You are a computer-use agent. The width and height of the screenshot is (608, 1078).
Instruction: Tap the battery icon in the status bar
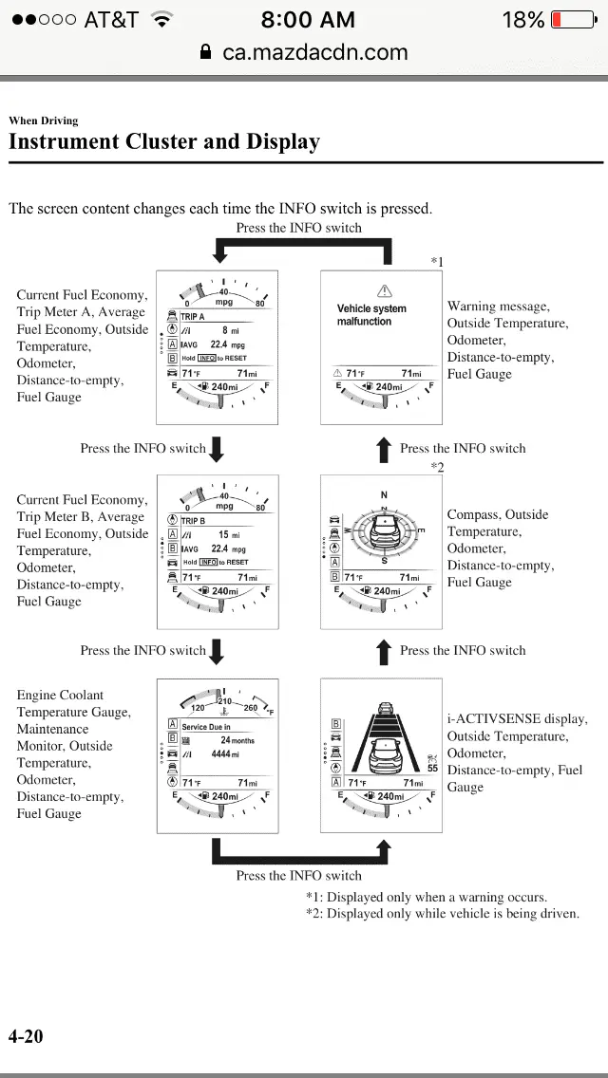(x=573, y=20)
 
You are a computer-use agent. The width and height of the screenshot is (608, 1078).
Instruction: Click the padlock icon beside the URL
(x=206, y=52)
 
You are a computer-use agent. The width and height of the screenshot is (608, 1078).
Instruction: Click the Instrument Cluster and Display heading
(x=164, y=142)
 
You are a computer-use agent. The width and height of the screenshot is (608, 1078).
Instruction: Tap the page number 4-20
(x=26, y=1036)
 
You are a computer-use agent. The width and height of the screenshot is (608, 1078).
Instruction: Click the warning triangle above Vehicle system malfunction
(x=385, y=290)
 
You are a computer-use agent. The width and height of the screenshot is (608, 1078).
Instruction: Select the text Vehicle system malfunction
(x=371, y=315)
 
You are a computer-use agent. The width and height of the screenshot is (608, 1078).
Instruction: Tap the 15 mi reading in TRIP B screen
(x=229, y=535)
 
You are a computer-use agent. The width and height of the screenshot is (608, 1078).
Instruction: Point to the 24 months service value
(x=237, y=739)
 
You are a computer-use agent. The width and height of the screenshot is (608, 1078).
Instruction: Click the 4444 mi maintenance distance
(x=224, y=754)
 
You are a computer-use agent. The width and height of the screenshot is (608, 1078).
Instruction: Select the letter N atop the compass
(x=384, y=494)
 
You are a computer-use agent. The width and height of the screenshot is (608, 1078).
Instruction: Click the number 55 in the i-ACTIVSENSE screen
(x=432, y=768)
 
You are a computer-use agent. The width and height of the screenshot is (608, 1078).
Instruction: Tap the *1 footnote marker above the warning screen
(x=437, y=262)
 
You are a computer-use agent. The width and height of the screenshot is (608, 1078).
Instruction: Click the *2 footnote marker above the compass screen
(x=437, y=467)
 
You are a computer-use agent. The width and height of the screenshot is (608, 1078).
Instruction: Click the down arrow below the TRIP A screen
(x=217, y=449)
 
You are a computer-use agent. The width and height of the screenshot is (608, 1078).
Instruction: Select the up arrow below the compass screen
(x=384, y=651)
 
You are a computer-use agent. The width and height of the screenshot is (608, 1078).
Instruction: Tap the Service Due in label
(x=206, y=727)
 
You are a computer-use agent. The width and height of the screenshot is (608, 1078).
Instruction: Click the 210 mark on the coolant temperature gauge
(x=225, y=701)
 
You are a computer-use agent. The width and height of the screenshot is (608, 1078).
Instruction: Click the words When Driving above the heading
(x=44, y=121)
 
